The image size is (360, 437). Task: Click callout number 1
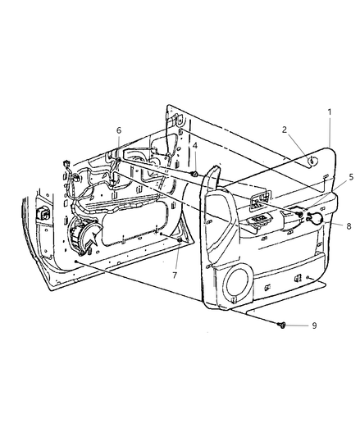tap(330, 112)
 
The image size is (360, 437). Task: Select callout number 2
tap(285, 130)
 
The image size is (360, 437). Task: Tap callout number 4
tap(195, 145)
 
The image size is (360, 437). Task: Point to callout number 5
tap(350, 177)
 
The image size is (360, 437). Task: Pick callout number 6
tap(119, 130)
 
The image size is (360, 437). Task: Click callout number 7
tap(175, 275)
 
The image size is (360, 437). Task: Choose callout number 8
tap(349, 226)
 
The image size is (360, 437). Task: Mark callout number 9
tap(314, 325)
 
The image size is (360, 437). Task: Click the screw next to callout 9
tap(281, 325)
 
